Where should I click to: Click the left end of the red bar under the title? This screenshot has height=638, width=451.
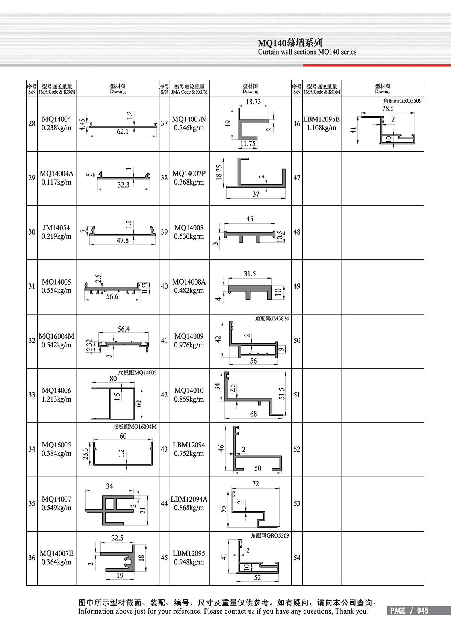(x=303, y=65)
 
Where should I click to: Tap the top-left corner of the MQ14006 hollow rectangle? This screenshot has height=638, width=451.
(x=110, y=388)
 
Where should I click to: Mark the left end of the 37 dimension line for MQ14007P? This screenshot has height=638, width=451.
(x=227, y=197)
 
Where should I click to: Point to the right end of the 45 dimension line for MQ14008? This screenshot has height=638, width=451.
(x=275, y=223)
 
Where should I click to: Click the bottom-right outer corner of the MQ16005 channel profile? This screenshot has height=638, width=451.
(x=153, y=465)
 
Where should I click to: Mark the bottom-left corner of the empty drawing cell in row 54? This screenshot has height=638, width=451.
(x=342, y=585)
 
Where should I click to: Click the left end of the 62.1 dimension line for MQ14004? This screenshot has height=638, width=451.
(x=89, y=136)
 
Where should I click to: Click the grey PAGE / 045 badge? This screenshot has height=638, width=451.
(x=419, y=611)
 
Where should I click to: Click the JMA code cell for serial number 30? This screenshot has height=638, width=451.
(x=57, y=232)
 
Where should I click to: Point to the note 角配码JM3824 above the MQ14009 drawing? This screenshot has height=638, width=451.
(x=272, y=318)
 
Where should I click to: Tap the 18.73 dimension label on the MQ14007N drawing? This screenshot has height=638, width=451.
(x=253, y=102)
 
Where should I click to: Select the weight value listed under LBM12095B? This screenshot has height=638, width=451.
(x=321, y=128)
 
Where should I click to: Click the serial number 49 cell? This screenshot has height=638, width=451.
(x=297, y=286)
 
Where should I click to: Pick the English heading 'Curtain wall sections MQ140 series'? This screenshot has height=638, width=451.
(x=307, y=52)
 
